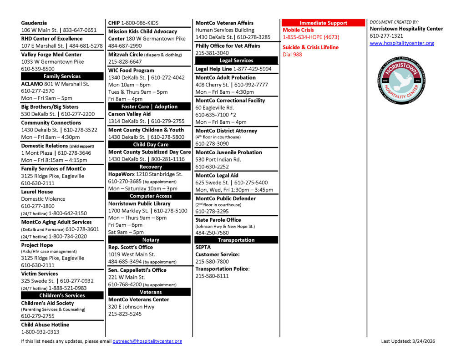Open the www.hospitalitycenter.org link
tap(402, 43)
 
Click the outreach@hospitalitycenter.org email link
tap(147, 341)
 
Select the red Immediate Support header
tap(323, 23)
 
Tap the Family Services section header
tap(62, 76)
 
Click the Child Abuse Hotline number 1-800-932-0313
tap(40, 332)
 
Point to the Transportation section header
tap(236, 240)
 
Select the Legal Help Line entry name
tap(213, 69)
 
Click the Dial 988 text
tap(292, 55)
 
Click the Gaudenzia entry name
tap(34, 23)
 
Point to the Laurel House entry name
tap(37, 192)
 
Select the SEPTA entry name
tap(203, 247)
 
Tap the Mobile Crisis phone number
tap(311, 37)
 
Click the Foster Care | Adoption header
tap(149, 106)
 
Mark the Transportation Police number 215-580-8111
tap(212, 276)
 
